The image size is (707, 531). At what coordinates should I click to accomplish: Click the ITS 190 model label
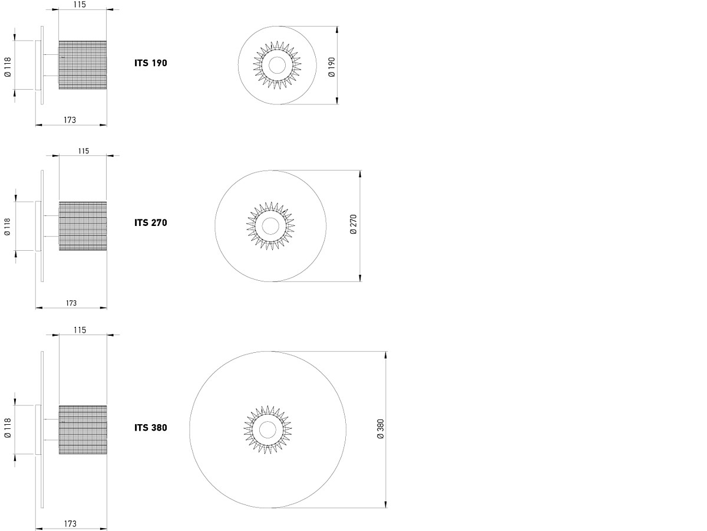151,63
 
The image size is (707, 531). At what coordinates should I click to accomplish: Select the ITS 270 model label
151,223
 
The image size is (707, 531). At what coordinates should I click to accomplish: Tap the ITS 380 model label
151,428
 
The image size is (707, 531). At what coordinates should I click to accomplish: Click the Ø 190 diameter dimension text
332,67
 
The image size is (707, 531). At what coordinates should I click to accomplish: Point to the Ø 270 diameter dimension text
353,224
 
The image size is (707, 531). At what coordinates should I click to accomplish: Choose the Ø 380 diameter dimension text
381,429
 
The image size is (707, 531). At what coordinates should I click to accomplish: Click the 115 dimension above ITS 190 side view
80,5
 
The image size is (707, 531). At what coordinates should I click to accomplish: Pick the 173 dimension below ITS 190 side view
70,120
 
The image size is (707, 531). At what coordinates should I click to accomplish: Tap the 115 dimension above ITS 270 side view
84,151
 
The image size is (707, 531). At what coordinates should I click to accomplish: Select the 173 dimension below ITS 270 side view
71,303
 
